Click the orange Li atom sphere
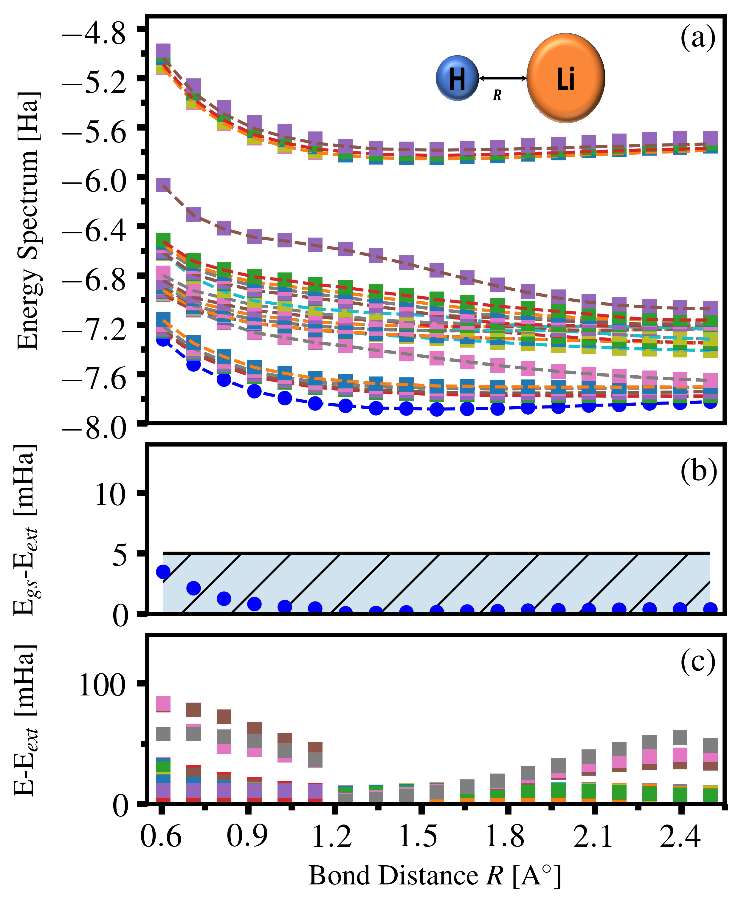click(x=565, y=78)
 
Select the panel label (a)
click(x=697, y=38)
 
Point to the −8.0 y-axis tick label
click(x=94, y=428)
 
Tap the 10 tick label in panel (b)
click(x=110, y=495)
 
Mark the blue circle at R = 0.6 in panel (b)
click(x=163, y=572)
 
